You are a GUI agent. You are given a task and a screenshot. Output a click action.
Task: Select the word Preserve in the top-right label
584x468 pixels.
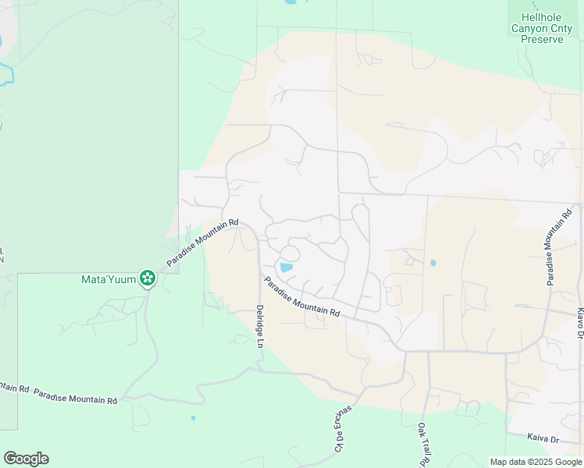(542, 40)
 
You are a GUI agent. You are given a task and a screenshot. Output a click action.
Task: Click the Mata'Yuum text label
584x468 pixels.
(109, 278)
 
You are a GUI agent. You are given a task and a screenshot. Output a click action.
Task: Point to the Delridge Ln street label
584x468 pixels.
(260, 332)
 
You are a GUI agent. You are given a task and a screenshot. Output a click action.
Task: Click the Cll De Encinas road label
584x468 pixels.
(340, 427)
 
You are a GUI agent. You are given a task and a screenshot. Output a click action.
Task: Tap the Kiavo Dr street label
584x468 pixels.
(580, 322)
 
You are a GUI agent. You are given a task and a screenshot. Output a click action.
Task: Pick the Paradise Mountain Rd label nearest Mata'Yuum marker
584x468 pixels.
(201, 244)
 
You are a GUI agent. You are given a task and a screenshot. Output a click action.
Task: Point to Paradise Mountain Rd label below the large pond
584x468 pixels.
(301, 297)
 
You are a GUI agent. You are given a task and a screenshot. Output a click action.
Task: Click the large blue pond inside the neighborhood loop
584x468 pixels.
(286, 268)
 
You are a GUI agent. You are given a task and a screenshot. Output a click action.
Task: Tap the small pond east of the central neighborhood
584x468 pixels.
(433, 263)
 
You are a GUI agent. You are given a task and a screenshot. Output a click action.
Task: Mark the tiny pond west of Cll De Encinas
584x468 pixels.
(193, 418)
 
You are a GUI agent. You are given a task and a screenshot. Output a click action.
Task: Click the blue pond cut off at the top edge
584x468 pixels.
(290, 2)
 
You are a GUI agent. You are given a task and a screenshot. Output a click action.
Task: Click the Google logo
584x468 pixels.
(26, 459)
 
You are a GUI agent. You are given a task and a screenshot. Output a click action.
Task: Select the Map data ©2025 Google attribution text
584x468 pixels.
(535, 462)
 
